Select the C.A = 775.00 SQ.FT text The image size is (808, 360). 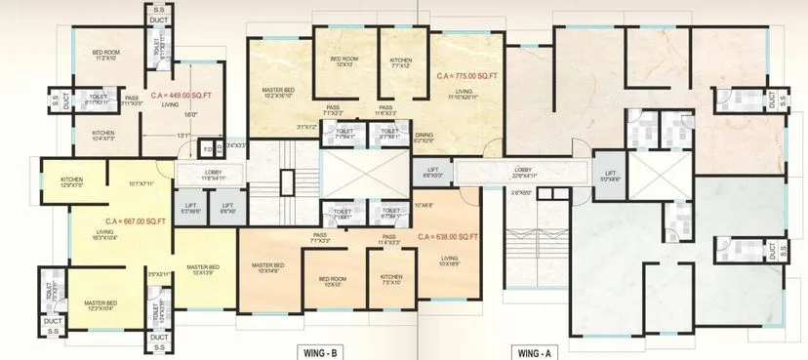point(468,74)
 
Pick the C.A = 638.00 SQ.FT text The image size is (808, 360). point(447,236)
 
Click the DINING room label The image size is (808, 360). point(423,139)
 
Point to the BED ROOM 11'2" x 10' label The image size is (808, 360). point(105,55)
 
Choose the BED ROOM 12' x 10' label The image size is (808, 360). point(342,62)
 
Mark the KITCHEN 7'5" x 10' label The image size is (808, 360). point(390,280)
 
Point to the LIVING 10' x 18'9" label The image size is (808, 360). point(449,260)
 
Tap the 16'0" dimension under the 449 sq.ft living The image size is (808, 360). point(191,115)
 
